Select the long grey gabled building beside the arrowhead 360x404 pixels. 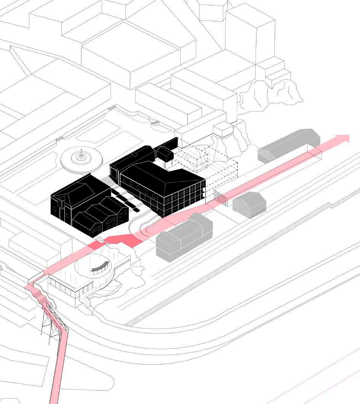(290, 146)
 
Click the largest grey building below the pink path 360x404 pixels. (184, 236)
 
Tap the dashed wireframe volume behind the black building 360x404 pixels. (213, 168)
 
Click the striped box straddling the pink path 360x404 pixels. (222, 198)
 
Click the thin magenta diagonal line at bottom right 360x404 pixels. (312, 377)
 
